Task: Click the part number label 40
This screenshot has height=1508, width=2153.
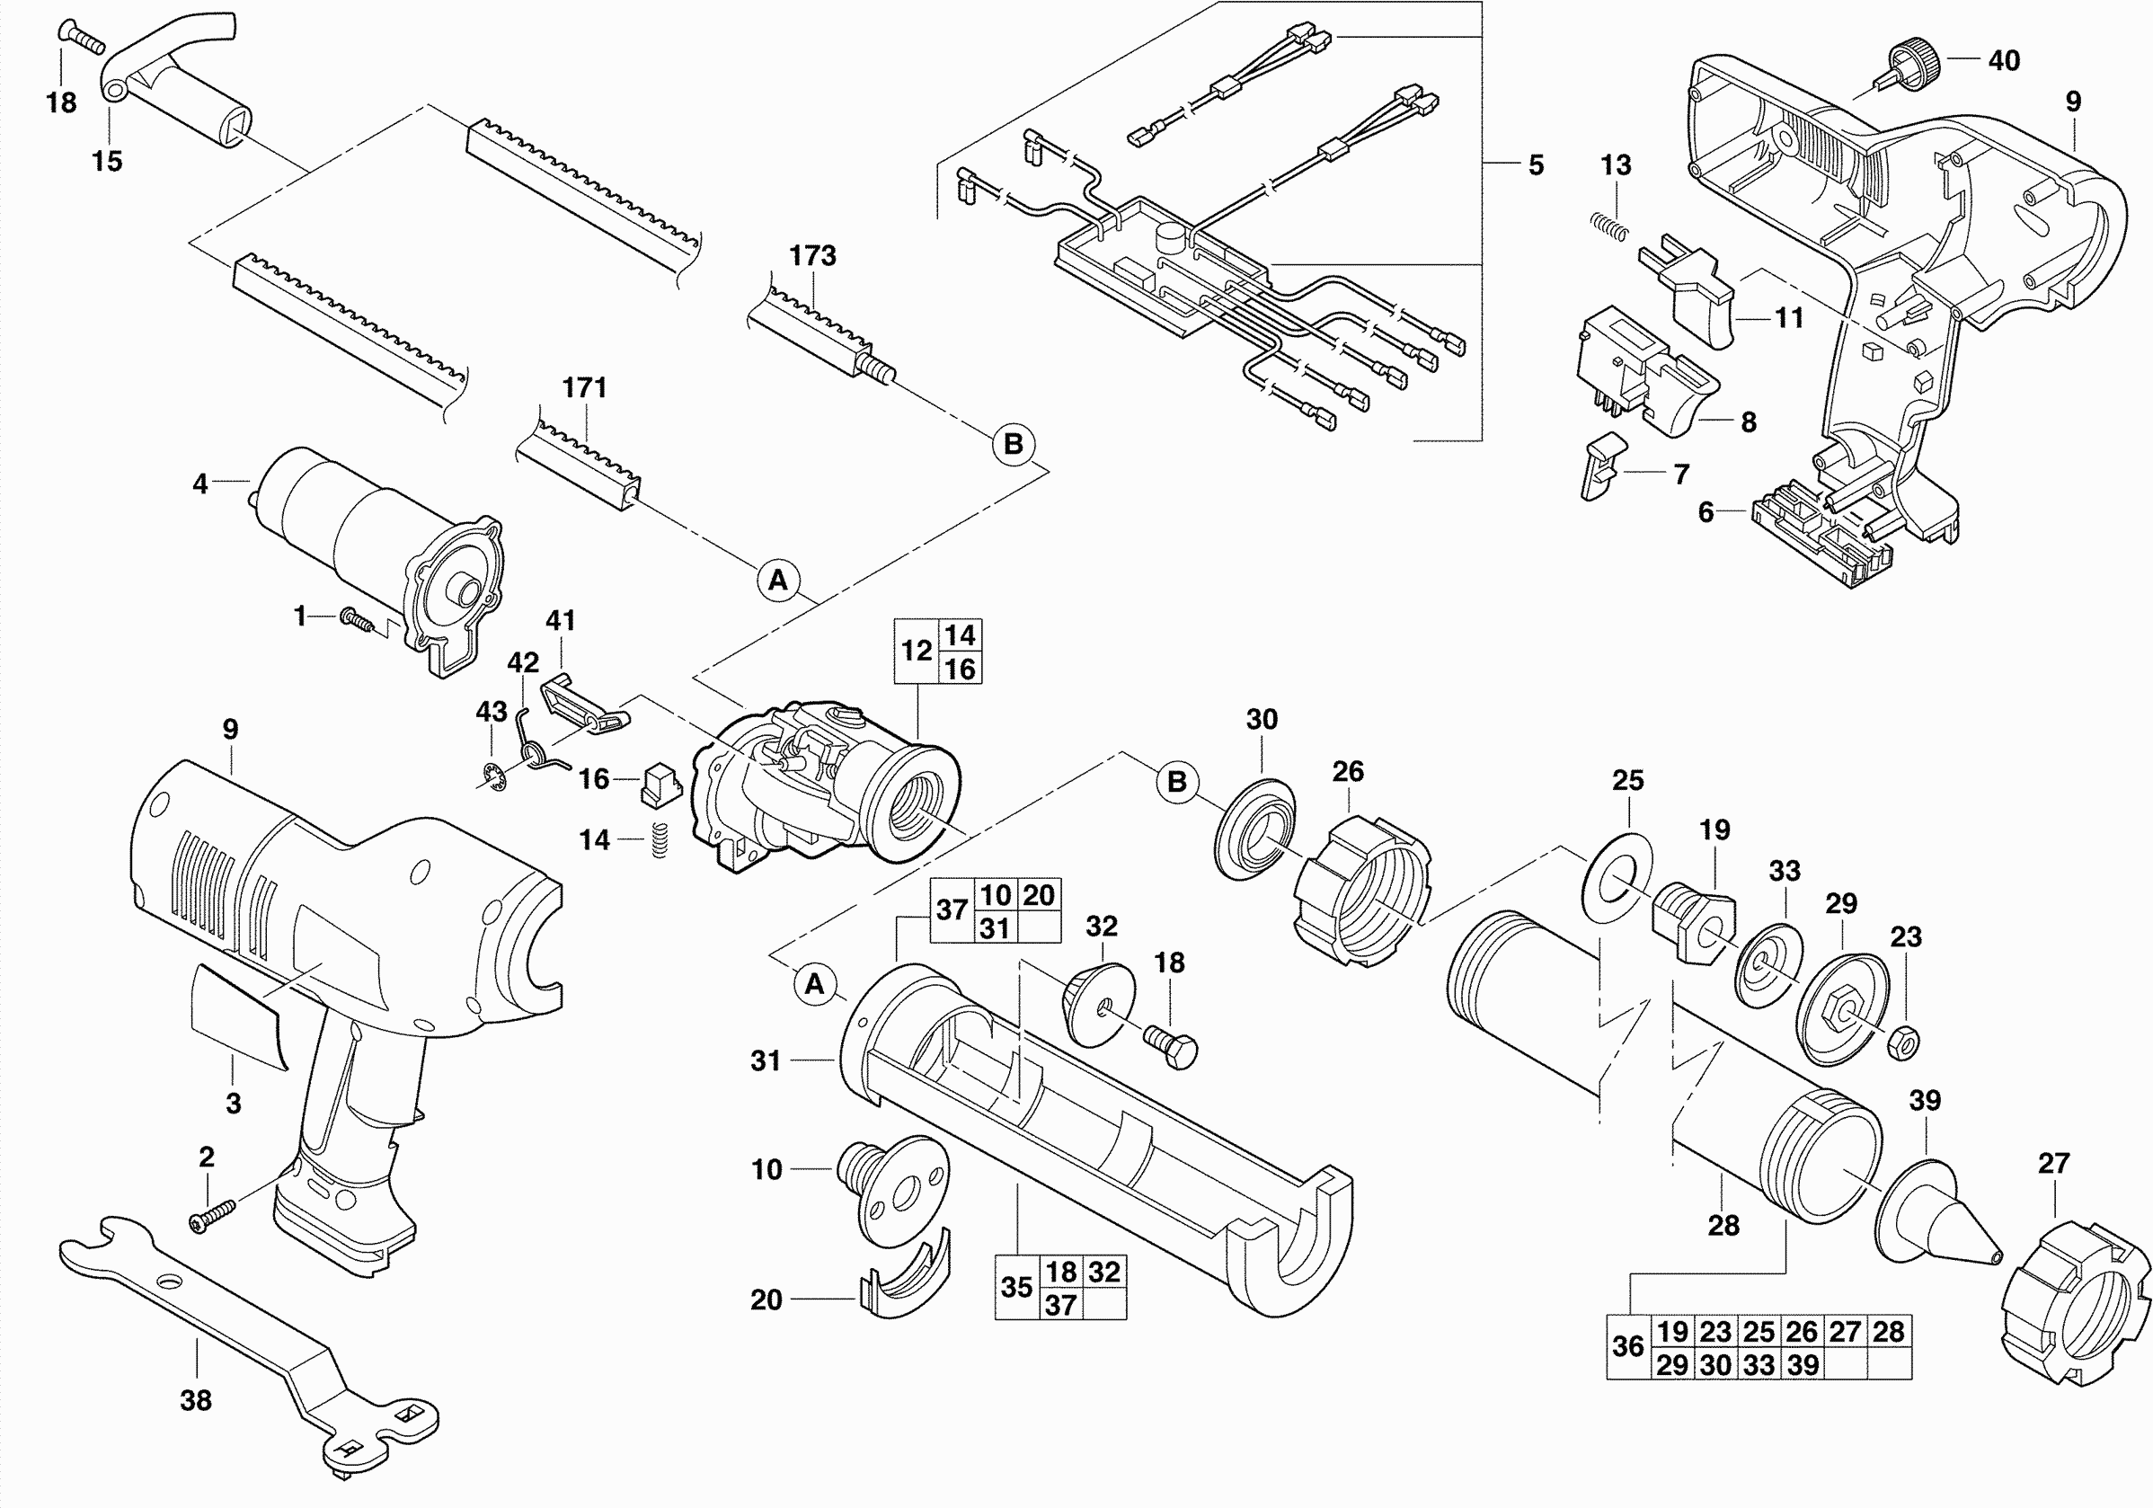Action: tap(2004, 61)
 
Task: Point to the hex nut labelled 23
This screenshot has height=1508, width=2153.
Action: tap(1903, 1042)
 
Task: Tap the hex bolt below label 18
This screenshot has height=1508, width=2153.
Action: tap(1172, 1044)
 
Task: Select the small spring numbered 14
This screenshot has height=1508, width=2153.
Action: tap(660, 839)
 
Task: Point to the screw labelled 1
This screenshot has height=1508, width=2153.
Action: tap(359, 620)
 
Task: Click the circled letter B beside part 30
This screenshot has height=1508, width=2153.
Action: tap(1177, 781)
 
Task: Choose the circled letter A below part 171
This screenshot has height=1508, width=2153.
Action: tap(778, 581)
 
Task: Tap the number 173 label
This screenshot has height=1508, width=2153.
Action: tap(812, 255)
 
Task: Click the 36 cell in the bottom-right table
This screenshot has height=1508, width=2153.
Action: tap(1628, 1347)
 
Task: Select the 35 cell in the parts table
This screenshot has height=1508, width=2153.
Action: tap(1016, 1288)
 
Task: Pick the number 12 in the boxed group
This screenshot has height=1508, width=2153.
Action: tap(917, 651)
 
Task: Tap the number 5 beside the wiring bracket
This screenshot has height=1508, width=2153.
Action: tap(1535, 165)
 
